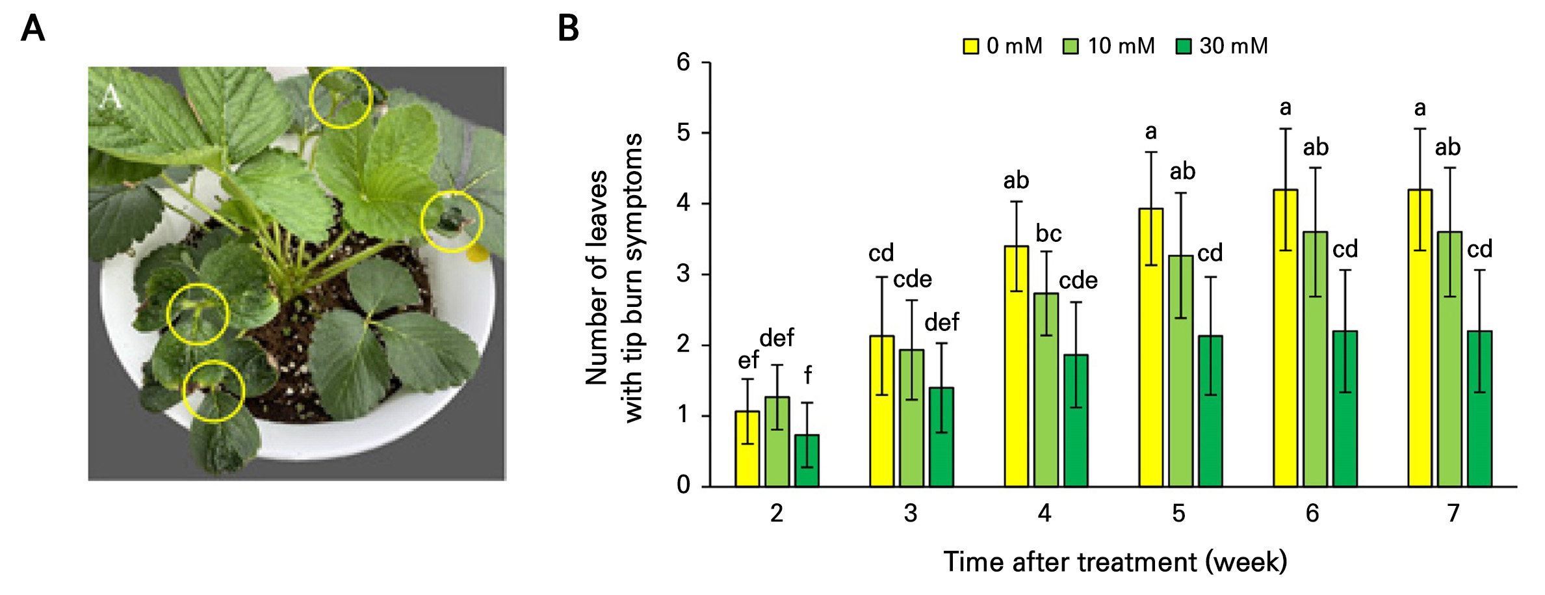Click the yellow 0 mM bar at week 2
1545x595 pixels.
pyautogui.click(x=747, y=449)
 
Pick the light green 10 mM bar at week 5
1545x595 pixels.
pyautogui.click(x=1180, y=371)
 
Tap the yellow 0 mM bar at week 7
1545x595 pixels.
pyautogui.click(x=1420, y=338)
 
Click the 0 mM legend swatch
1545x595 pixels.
pyautogui.click(x=970, y=46)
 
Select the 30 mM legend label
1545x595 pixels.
pyautogui.click(x=1234, y=46)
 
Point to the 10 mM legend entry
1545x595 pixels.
pyautogui.click(x=1109, y=46)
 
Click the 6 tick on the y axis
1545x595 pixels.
pyautogui.click(x=683, y=62)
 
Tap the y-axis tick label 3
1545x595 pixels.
pyautogui.click(x=683, y=274)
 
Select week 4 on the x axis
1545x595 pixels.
pyautogui.click(x=1045, y=514)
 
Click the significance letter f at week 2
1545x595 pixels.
pyautogui.click(x=808, y=375)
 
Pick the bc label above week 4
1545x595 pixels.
pyautogui.click(x=1048, y=233)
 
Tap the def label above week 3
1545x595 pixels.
pyautogui.click(x=942, y=323)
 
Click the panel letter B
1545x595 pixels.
pyautogui.click(x=569, y=29)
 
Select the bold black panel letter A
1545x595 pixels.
pyautogui.click(x=33, y=29)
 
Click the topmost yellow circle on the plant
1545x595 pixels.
pyautogui.click(x=341, y=98)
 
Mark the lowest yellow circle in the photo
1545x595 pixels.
pyautogui.click(x=213, y=391)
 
